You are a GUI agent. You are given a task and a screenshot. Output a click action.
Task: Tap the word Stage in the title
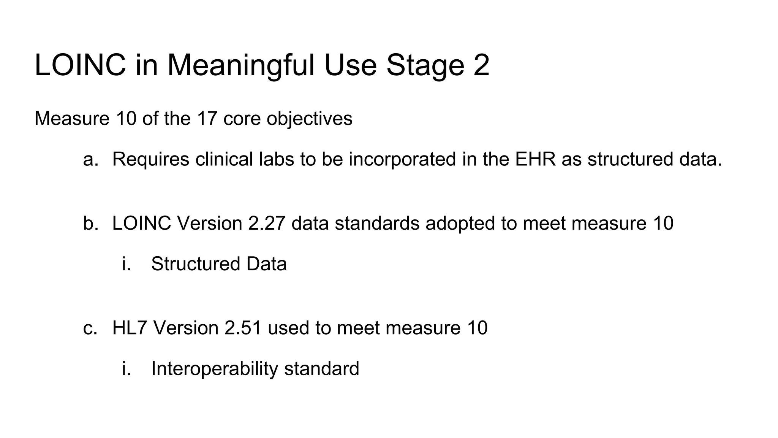coord(425,65)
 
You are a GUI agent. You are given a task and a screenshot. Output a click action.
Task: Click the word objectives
coord(309,118)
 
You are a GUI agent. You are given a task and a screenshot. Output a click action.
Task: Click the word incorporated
coord(402,159)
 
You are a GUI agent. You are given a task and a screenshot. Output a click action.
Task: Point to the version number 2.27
coord(267,223)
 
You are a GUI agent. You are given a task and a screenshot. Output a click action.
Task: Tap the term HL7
coord(130,328)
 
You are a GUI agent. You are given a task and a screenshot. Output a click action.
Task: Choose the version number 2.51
coord(243,328)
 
